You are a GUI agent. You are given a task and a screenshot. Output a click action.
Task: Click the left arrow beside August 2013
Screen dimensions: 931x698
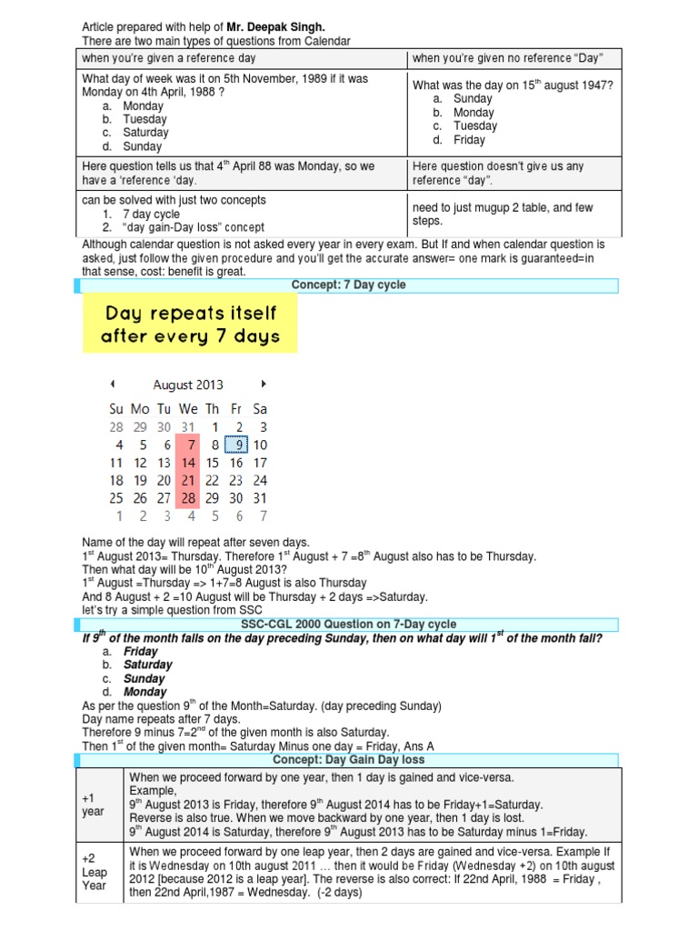(112, 384)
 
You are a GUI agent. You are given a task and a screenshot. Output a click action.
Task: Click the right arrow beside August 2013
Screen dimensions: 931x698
(264, 384)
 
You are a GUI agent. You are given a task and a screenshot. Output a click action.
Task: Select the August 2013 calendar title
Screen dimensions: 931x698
(188, 385)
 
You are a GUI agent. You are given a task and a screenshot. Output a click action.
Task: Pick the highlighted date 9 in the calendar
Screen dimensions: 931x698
(237, 445)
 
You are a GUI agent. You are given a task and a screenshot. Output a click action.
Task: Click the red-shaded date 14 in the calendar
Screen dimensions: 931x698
(188, 463)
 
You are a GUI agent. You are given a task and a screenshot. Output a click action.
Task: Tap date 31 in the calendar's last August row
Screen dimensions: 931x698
(261, 498)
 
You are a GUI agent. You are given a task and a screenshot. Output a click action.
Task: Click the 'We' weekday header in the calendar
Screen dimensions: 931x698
(188, 410)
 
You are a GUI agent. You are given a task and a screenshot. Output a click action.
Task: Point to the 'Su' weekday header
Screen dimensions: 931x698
(116, 410)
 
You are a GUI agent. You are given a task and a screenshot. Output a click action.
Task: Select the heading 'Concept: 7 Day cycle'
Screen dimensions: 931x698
(348, 285)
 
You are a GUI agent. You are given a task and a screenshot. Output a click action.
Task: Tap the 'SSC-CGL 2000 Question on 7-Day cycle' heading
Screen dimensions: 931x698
(348, 624)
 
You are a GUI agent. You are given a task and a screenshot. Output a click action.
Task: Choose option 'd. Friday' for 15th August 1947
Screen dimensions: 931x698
(469, 140)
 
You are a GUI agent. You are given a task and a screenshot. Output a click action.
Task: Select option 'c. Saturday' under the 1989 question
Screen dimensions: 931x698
(143, 133)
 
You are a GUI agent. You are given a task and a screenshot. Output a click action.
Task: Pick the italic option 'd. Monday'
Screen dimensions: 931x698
(145, 692)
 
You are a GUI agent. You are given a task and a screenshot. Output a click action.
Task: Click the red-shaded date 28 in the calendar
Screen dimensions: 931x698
(188, 498)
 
